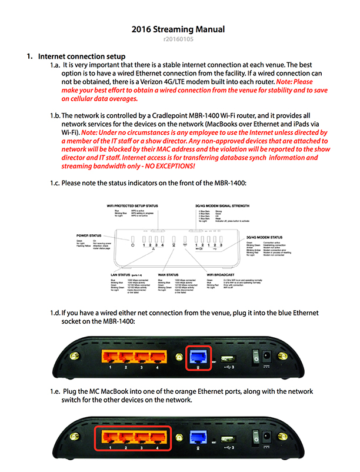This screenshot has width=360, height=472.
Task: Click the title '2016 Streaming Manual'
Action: click(181, 29)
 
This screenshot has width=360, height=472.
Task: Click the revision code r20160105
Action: click(181, 39)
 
